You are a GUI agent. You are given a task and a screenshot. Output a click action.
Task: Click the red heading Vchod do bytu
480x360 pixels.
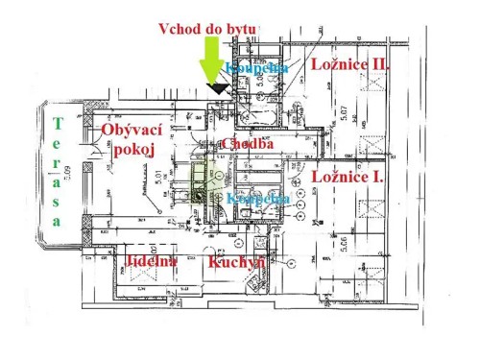206,30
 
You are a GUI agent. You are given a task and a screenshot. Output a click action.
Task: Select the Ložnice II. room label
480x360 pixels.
350,63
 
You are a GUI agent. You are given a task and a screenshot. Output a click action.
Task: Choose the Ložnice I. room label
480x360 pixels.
348,178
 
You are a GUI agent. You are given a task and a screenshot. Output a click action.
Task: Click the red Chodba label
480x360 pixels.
248,144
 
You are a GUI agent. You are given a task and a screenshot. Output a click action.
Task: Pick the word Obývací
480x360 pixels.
132,131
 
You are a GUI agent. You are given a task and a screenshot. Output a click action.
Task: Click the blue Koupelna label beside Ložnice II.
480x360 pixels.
257,68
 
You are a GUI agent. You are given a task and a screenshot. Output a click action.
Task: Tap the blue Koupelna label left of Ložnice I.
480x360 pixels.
259,199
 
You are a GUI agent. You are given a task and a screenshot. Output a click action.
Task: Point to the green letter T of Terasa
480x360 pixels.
58,123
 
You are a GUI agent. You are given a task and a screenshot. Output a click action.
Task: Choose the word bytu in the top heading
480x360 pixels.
238,30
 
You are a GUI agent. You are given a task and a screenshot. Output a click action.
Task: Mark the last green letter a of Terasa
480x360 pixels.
58,220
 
